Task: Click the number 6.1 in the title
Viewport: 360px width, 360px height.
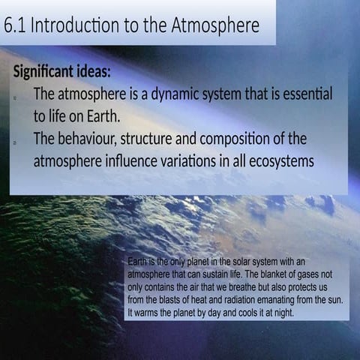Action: (15, 27)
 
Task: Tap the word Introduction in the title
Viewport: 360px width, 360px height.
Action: (73, 27)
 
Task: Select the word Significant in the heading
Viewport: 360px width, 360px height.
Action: (42, 73)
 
